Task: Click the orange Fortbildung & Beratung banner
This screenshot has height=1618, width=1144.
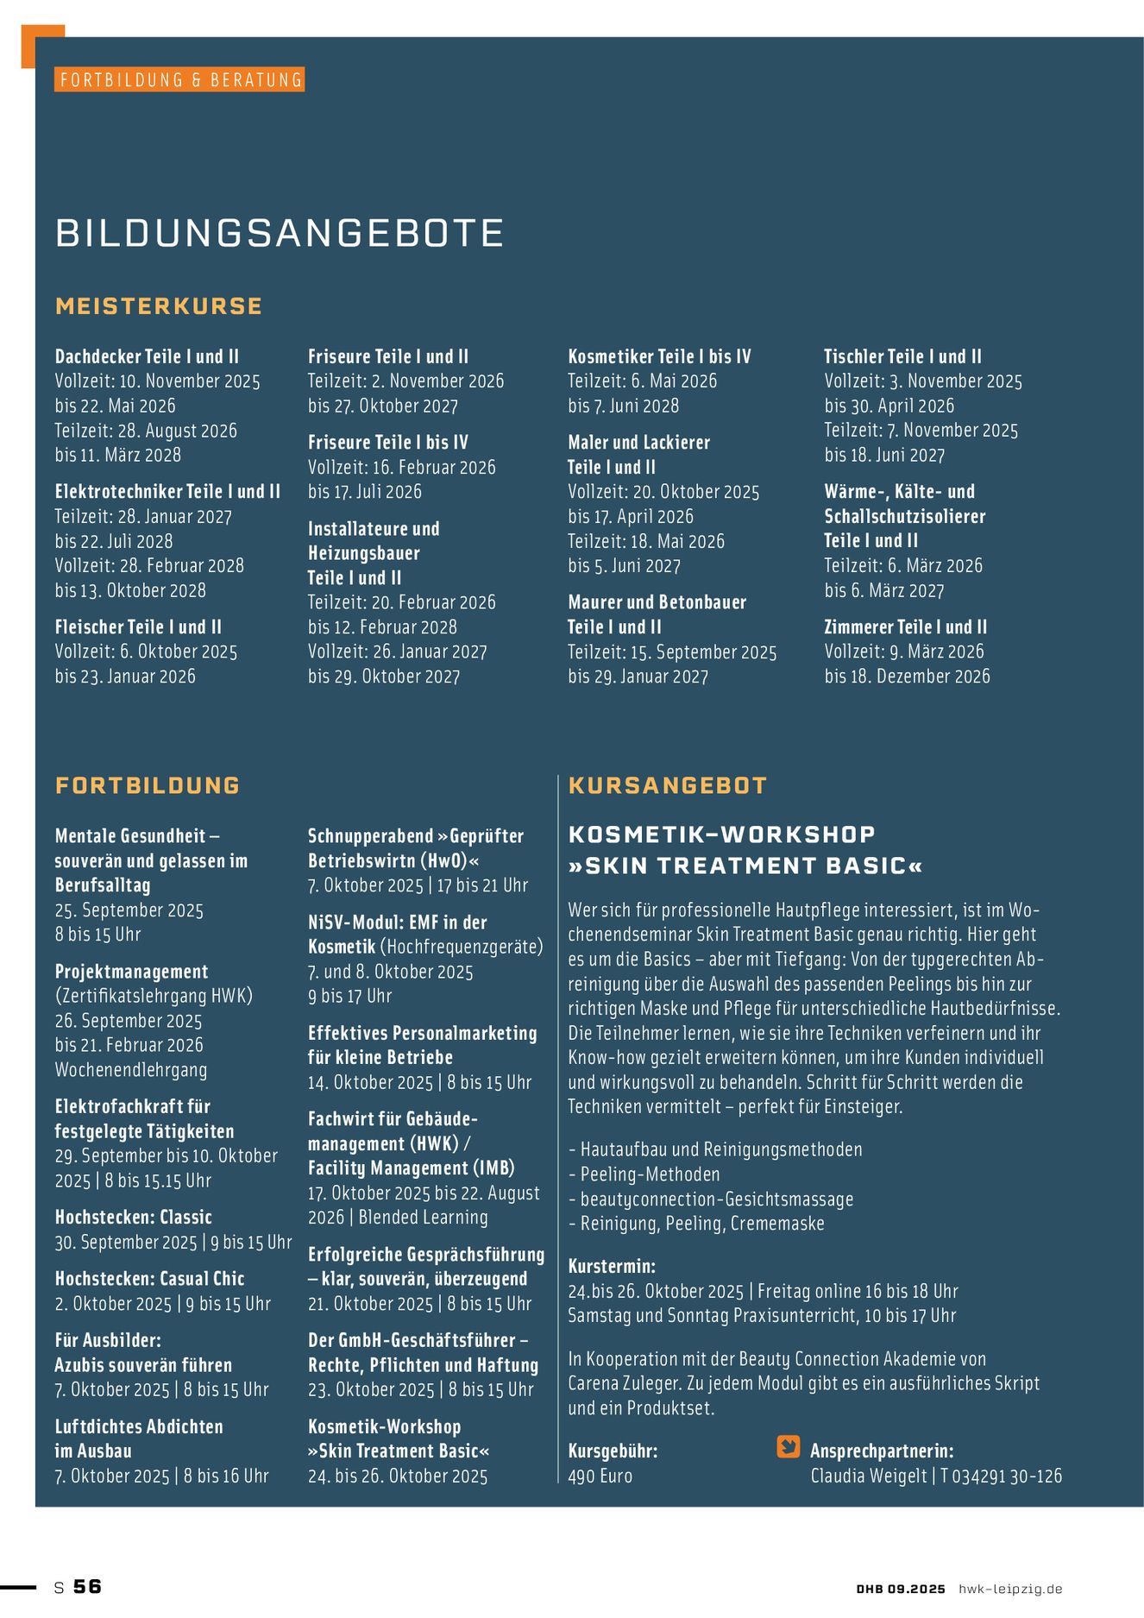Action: (x=180, y=79)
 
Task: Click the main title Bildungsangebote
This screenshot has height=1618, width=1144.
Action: (x=280, y=234)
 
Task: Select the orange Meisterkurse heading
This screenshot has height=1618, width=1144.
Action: (x=159, y=306)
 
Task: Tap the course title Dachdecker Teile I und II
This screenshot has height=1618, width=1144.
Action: (x=147, y=356)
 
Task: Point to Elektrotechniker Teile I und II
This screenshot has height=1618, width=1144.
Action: (x=167, y=491)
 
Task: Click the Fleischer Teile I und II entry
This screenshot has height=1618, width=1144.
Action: (x=138, y=626)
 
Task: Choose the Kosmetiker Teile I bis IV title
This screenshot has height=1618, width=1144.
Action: (x=659, y=356)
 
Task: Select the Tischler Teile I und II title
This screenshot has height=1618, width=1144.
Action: (x=902, y=356)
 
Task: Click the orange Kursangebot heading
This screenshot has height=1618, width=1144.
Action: (x=668, y=785)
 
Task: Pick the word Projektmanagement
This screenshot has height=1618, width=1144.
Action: (x=131, y=971)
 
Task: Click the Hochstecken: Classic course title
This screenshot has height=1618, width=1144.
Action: (x=133, y=1217)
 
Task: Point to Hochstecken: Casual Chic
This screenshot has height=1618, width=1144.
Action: (x=149, y=1278)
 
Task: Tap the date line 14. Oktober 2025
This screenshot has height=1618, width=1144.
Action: (x=370, y=1082)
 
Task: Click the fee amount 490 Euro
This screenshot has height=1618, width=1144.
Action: (x=600, y=1476)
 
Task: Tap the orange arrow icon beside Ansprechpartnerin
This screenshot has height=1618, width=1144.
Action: (x=789, y=1447)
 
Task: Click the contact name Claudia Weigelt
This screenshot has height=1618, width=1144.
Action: (x=868, y=1476)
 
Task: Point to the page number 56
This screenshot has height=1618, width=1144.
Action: (x=87, y=1586)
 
